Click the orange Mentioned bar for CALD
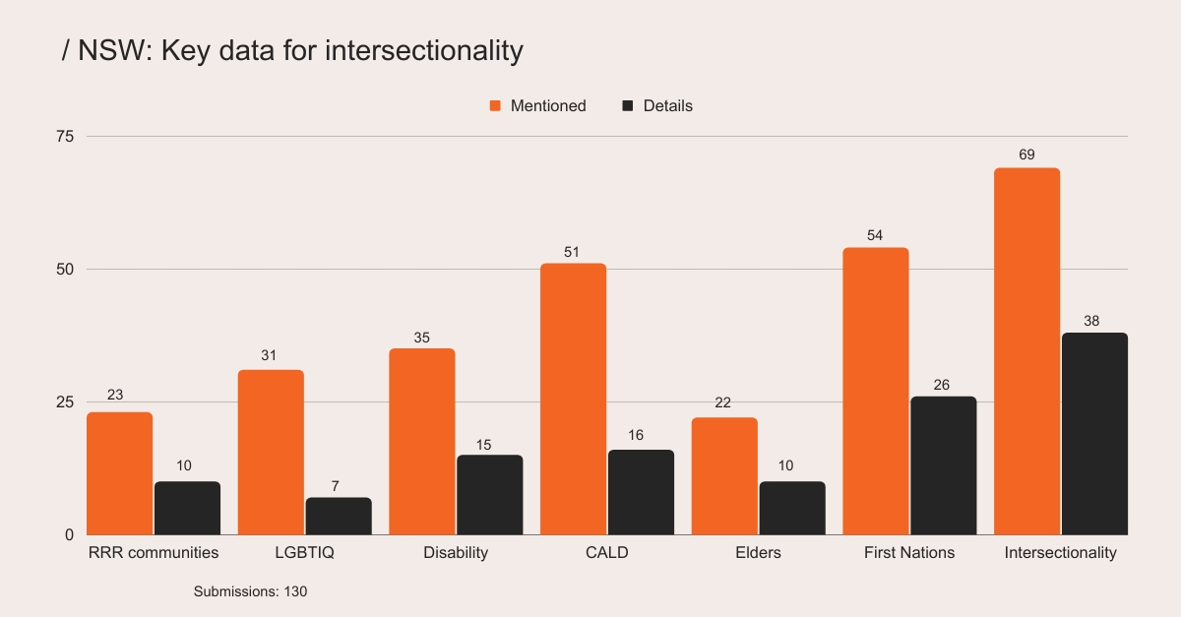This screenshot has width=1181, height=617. click(573, 399)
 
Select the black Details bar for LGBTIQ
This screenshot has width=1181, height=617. click(339, 516)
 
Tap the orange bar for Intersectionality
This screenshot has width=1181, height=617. click(1026, 351)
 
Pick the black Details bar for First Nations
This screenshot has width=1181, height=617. click(943, 465)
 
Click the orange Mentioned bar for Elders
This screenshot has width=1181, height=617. click(724, 476)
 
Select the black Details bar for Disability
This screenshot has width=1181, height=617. click(489, 494)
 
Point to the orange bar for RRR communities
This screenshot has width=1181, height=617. click(119, 473)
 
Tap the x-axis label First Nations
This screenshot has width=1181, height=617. click(908, 552)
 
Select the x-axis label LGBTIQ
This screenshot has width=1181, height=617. click(305, 552)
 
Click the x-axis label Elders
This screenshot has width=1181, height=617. click(758, 552)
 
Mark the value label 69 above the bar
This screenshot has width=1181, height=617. click(1026, 154)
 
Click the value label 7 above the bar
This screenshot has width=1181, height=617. click(335, 485)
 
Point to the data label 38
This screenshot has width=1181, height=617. click(1090, 320)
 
